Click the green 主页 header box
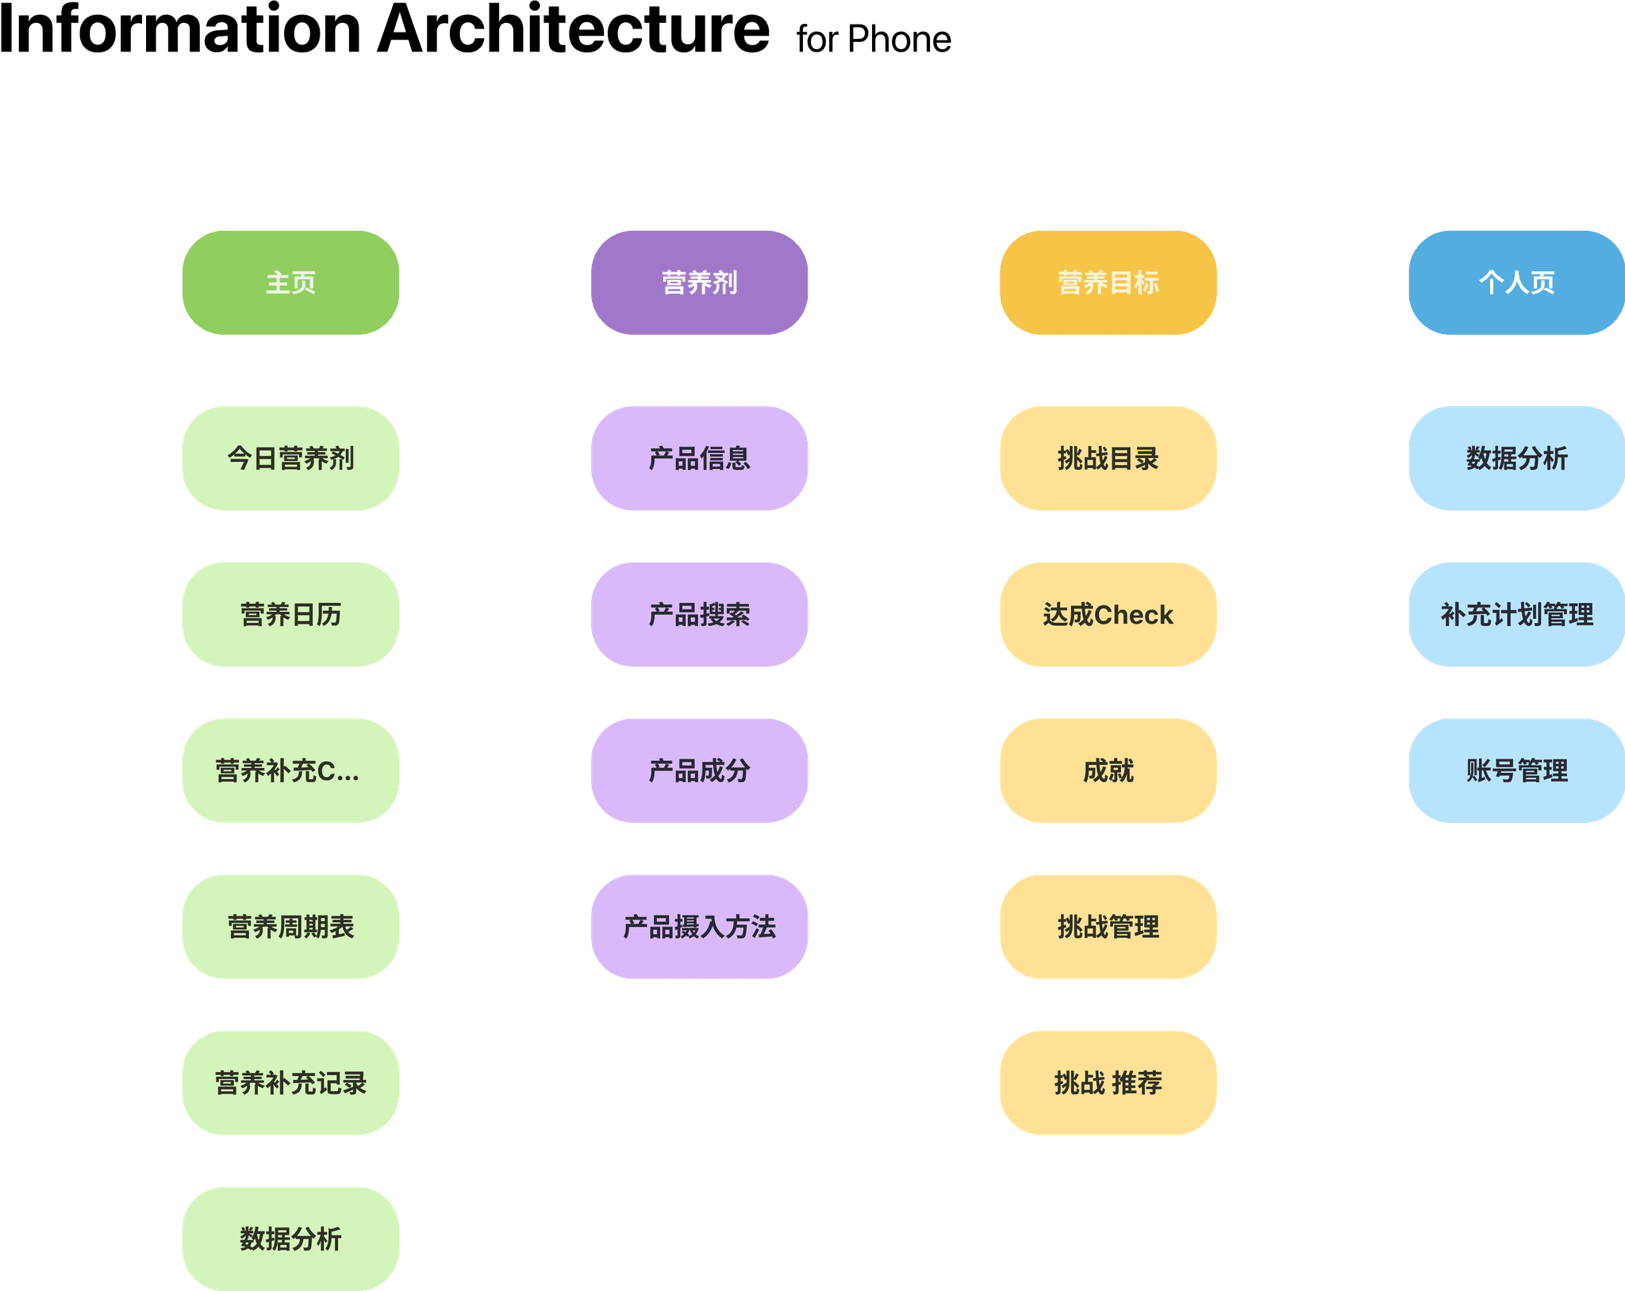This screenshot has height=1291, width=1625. [x=290, y=282]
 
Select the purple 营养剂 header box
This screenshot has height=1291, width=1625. [x=699, y=282]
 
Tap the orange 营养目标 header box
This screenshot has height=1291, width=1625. [x=1108, y=282]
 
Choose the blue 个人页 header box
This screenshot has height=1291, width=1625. [x=1516, y=282]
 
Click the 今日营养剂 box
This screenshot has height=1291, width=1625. [x=290, y=458]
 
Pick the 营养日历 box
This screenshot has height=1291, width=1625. [x=290, y=614]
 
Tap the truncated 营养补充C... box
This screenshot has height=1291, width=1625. [x=290, y=770]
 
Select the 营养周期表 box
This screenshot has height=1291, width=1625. [x=290, y=927]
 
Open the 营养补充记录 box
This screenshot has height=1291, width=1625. [x=290, y=1083]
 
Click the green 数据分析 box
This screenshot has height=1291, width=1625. [x=290, y=1239]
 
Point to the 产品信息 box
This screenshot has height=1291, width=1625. [x=699, y=458]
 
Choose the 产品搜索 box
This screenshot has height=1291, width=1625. [x=699, y=614]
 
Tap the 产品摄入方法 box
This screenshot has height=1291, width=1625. [x=699, y=927]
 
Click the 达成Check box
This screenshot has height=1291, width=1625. [x=1108, y=614]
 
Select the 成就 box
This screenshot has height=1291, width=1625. [x=1108, y=770]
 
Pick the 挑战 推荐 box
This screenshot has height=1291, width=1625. [x=1108, y=1083]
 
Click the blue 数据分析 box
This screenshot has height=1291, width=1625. [x=1516, y=458]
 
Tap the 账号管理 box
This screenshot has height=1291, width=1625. [x=1516, y=770]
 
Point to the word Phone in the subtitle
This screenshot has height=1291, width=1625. [x=899, y=39]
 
